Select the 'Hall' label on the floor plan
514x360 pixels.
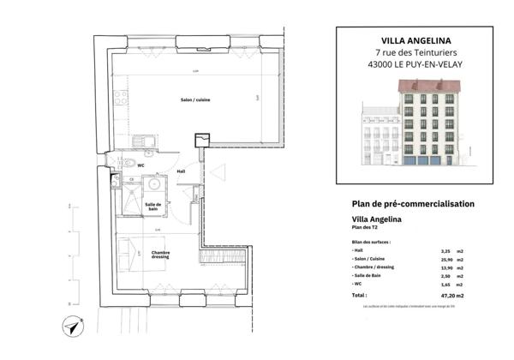coord(181,171)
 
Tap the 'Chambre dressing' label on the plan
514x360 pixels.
coord(160,255)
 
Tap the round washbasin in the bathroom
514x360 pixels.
coord(153,183)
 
